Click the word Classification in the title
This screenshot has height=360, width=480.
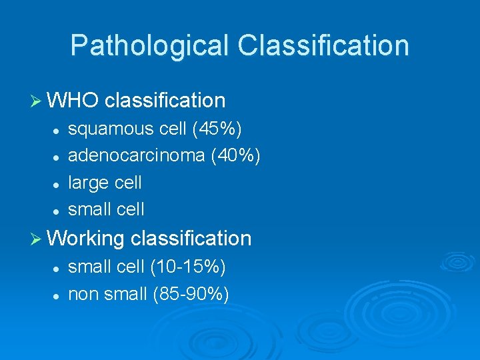[323, 45]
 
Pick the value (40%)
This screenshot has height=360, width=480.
[235, 155]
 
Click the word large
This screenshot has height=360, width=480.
[86, 183]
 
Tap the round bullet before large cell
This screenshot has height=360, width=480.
[58, 183]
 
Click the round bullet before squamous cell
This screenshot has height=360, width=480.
[58, 129]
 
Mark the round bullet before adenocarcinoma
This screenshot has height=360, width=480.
[58, 156]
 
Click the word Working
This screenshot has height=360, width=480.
[87, 239]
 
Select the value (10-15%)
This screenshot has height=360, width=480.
[187, 267]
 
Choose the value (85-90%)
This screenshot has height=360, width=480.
[191, 293]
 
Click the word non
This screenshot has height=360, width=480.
[82, 294]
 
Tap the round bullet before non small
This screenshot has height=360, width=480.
[58, 295]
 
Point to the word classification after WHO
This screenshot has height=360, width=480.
[165, 101]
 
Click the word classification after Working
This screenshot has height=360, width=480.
[191, 238]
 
